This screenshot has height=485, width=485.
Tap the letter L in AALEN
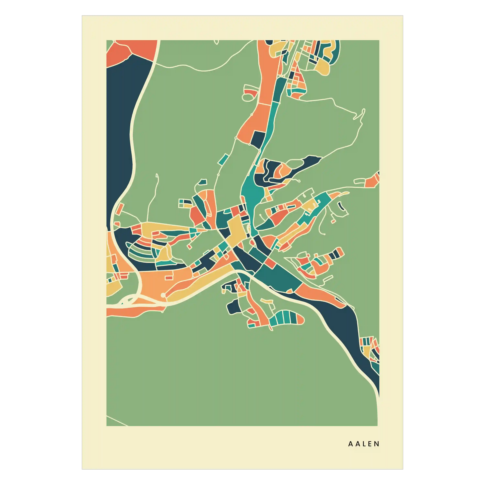point(364,444)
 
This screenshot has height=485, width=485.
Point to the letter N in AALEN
point(377,444)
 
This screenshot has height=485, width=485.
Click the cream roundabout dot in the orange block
point(163,295)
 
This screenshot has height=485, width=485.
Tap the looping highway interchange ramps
point(128,300)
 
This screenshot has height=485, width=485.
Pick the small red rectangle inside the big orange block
point(169,277)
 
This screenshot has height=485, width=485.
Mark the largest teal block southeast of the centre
point(279,277)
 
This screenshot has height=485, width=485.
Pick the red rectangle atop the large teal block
point(270,263)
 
